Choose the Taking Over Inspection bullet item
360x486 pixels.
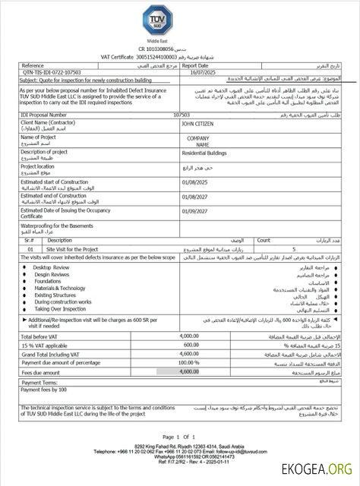[x=61, y=309]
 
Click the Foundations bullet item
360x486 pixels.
[x=48, y=281]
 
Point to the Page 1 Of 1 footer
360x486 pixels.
[x=179, y=437]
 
